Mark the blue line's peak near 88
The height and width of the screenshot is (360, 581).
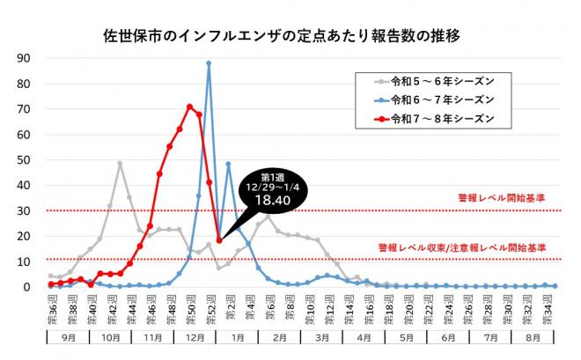(x=209, y=62)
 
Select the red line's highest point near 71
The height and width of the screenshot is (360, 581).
(x=189, y=107)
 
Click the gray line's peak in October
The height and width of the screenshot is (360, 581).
(x=120, y=164)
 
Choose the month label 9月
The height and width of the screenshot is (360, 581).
(x=67, y=336)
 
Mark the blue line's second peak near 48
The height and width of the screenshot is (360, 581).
(x=229, y=164)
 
